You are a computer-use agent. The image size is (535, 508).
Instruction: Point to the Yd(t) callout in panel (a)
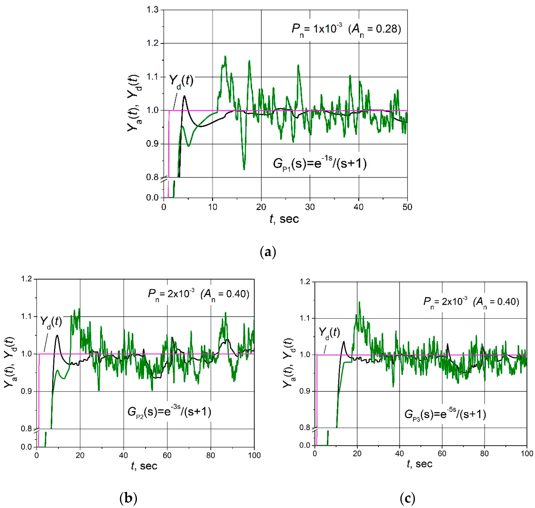[181, 81]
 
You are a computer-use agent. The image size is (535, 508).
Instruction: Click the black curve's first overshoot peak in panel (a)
[185, 96]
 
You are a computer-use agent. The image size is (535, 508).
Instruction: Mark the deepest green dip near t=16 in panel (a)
[244, 169]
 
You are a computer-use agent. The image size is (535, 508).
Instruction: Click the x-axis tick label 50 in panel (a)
[407, 207]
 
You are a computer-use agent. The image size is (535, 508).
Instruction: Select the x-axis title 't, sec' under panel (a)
[284, 219]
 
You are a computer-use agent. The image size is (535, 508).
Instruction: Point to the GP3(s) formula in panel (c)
[445, 414]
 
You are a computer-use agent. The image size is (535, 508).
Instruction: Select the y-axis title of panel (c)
[288, 363]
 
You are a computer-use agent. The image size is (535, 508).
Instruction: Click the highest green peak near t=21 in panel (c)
[359, 302]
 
